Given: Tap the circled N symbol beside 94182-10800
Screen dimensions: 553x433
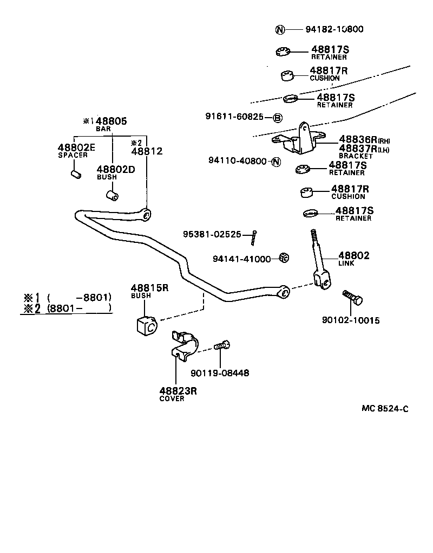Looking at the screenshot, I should coord(280,30).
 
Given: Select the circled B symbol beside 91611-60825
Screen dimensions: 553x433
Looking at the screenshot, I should coord(277,118).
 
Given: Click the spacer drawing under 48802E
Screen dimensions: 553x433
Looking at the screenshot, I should coord(76,175).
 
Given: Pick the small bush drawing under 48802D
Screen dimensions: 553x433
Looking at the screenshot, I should coord(113,195).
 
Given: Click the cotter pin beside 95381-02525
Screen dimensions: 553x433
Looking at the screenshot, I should coord(253,237).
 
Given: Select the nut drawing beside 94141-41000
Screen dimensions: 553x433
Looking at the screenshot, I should coord(282,258).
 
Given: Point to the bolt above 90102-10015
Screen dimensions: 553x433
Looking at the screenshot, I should coord(352,298).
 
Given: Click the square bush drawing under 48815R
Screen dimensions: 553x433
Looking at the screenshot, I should coord(145,325).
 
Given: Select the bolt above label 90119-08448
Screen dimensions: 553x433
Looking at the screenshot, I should coord(222,345).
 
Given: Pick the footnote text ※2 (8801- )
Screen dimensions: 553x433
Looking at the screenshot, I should coord(67,309).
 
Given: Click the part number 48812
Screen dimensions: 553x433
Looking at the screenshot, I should coord(147,152).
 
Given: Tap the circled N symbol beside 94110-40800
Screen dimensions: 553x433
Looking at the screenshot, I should coord(275,161).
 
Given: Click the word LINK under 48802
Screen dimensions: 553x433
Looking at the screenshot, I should coord(346,263).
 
